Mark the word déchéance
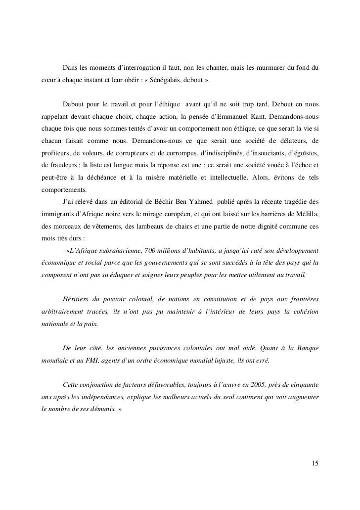point(110,178)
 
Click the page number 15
point(315,464)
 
